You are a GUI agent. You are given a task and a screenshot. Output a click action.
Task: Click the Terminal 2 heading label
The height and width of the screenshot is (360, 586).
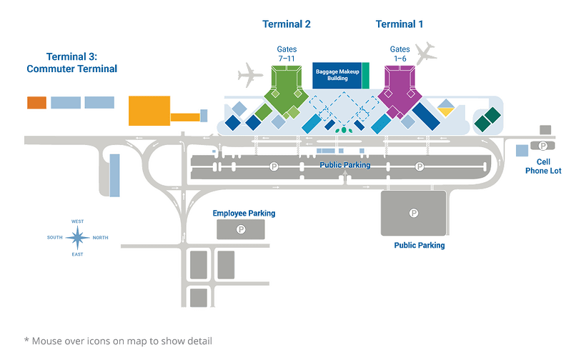coord(287,24)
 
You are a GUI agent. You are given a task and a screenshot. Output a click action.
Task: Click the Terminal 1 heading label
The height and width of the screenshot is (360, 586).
coord(399,24)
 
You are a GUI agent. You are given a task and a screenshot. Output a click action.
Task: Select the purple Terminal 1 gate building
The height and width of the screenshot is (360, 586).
coord(402,89)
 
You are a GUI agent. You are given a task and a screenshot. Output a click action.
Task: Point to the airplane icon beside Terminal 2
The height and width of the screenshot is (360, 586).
coord(249,74)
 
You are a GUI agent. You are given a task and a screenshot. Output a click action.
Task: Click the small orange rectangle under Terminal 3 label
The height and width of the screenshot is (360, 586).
coord(36,102)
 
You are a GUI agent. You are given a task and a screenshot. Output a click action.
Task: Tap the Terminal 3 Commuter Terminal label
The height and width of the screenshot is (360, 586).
coord(71,63)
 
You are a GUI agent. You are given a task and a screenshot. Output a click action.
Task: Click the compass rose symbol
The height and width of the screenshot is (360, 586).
coord(77,236)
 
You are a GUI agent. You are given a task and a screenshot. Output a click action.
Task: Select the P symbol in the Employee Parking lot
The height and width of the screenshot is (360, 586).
coord(240,229)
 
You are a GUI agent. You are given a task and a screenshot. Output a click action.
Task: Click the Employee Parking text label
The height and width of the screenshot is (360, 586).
coord(244,213)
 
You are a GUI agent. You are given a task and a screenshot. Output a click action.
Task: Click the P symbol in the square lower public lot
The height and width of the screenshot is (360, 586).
coord(413,212)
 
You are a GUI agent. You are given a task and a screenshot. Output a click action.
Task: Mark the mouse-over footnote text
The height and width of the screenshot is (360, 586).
coord(118,340)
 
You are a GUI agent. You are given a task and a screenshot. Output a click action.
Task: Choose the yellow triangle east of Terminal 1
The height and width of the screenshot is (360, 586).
coord(447,111)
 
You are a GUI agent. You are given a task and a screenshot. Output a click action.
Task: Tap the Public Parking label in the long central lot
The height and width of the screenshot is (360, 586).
coord(345,165)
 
